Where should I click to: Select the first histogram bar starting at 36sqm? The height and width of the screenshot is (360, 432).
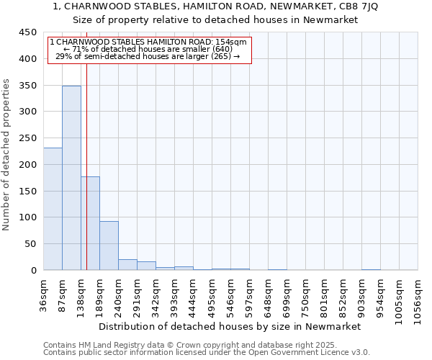point(53,209)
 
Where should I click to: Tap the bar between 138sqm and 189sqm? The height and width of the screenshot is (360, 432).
point(91,223)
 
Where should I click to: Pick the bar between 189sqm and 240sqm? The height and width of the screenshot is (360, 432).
point(109,246)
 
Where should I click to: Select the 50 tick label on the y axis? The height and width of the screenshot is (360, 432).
point(30,243)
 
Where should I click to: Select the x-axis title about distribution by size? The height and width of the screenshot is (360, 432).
point(230,326)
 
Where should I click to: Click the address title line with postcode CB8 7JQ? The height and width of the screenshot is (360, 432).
point(215,6)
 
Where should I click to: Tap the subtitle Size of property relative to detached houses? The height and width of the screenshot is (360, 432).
point(215,19)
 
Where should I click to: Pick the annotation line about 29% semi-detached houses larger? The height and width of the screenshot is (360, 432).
point(148,57)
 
